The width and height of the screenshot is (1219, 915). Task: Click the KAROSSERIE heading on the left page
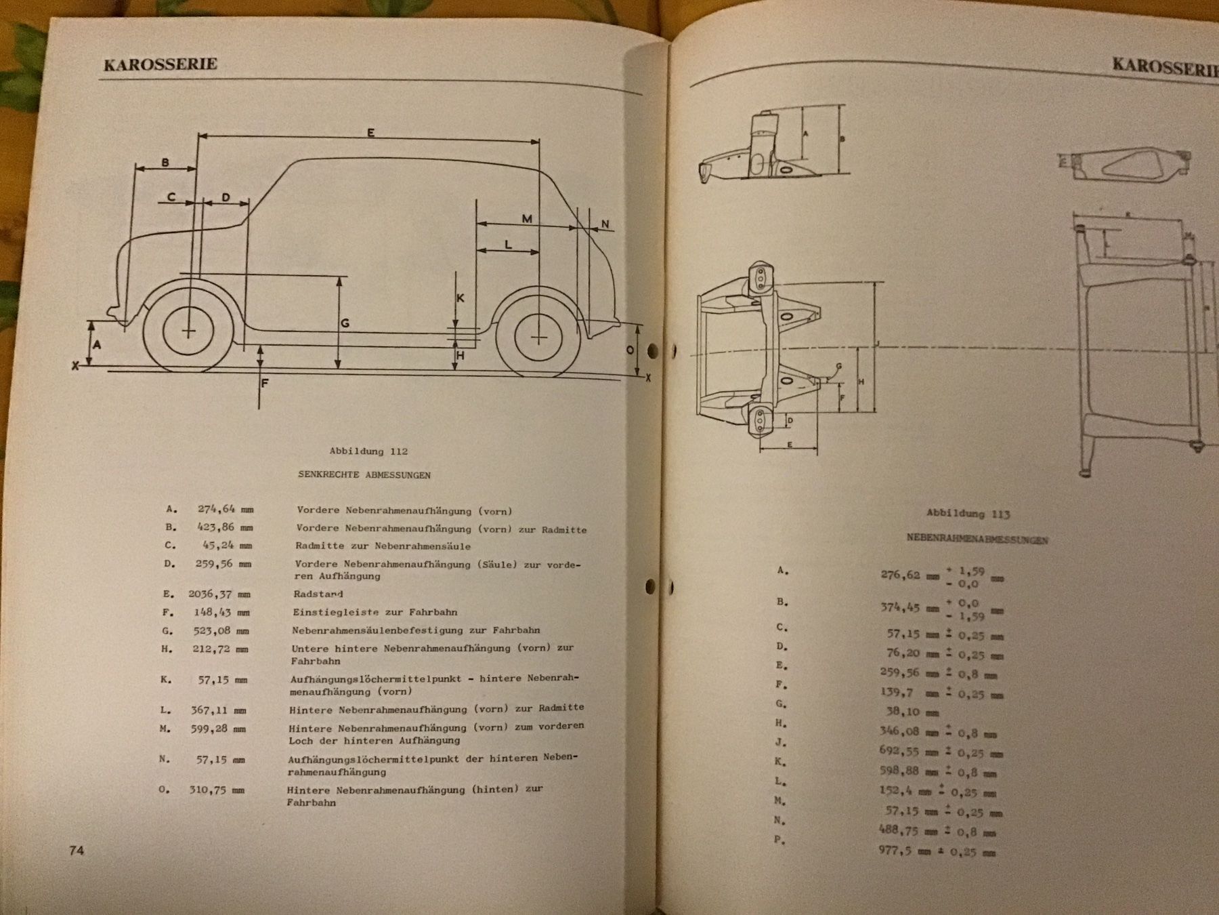click(161, 64)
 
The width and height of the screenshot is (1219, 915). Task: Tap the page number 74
click(77, 850)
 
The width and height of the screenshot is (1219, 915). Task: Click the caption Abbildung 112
click(368, 451)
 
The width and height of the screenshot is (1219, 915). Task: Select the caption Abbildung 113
click(968, 514)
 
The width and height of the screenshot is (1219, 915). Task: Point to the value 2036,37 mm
click(219, 594)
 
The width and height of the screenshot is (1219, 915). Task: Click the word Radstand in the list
click(319, 594)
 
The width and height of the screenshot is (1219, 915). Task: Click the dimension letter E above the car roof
click(370, 133)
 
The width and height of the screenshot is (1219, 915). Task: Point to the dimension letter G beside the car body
click(345, 324)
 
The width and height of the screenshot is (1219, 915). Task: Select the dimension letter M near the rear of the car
click(527, 218)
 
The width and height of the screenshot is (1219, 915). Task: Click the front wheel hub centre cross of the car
click(188, 331)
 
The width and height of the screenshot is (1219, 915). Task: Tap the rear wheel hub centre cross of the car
click(538, 337)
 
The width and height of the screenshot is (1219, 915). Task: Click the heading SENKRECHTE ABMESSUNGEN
click(364, 475)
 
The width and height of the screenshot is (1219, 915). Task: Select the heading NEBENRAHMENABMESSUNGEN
click(977, 540)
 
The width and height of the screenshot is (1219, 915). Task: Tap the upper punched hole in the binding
click(653, 350)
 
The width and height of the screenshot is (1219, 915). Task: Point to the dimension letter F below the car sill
click(265, 383)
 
